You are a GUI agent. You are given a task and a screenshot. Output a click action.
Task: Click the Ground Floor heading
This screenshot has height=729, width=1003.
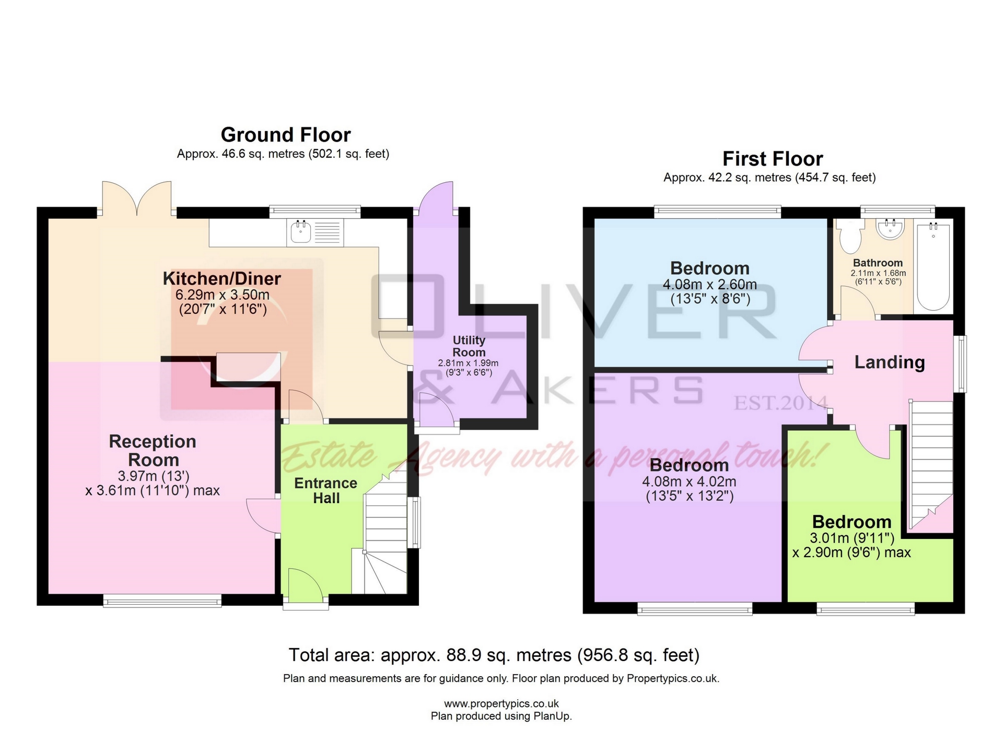coord(285,135)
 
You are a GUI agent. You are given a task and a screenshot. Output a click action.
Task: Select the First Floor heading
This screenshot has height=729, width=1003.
coord(772,159)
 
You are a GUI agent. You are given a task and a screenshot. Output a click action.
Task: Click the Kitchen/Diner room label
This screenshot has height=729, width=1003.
coord(222,278)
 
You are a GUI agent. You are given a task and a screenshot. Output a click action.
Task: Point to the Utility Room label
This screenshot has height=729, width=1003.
coord(469,346)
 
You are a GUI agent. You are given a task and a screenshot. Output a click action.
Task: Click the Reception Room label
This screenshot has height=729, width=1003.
coord(153,450)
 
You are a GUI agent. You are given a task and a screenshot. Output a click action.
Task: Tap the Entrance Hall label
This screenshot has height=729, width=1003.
coord(326,490)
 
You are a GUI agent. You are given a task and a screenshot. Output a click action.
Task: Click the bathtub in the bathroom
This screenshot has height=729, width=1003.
coord(933,266)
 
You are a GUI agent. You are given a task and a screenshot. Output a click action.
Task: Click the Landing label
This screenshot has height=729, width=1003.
coord(889,362)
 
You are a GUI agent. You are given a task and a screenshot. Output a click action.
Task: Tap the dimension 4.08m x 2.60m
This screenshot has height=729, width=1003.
coord(709,285)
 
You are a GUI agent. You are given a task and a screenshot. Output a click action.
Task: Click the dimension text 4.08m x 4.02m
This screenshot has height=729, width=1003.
coord(689,481)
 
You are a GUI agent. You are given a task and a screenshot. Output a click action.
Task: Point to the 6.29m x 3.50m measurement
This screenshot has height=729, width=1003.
coord(223,295)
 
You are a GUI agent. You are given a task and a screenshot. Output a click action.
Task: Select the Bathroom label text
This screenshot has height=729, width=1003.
coord(878,263)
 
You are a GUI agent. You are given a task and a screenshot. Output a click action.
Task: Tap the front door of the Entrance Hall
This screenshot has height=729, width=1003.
coord(306,587)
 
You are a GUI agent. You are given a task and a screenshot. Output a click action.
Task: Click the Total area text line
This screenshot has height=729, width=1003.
coord(494,655)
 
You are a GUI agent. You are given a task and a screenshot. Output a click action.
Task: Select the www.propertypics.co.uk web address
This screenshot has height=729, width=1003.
coord(501,703)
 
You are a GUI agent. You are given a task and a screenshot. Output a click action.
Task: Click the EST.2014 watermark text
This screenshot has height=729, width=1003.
coord(780,403)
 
